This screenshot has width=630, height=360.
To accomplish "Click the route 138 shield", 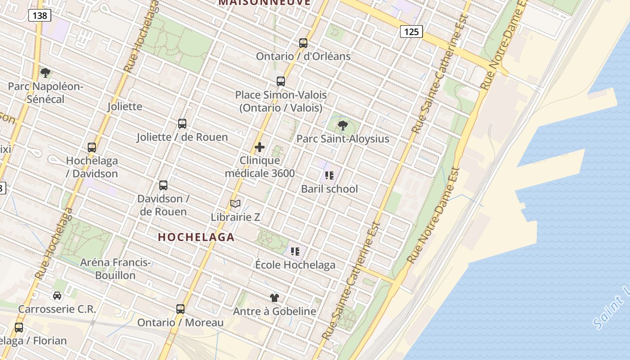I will click(40, 16).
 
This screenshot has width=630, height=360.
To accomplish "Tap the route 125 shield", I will click(411, 31).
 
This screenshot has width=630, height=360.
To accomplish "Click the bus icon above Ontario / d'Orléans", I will click(303, 43).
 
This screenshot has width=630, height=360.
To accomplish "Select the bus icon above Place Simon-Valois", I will click(281, 81).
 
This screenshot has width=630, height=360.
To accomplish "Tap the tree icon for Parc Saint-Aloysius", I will click(343, 126).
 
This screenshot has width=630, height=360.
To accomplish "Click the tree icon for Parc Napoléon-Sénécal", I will click(45, 73).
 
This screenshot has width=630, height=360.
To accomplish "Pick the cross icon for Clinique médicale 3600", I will click(260, 147).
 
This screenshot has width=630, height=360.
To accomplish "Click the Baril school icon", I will click(329, 175).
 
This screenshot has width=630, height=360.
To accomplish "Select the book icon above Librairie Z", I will click(235, 204).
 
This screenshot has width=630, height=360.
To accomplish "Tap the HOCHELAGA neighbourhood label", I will click(196, 237).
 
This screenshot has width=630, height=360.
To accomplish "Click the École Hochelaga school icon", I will click(295, 252).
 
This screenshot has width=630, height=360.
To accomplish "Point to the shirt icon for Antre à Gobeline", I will click(274, 298).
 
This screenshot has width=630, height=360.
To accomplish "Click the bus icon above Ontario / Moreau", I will click(180, 309).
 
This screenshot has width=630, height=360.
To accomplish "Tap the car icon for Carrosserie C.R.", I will click(57, 296).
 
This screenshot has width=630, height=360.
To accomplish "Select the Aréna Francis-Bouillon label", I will click(115, 269).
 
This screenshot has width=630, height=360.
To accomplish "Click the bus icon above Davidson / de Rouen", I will click(163, 185).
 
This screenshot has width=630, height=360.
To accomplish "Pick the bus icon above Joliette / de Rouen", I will click(182, 124).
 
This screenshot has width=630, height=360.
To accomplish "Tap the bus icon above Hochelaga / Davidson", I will click(92, 148).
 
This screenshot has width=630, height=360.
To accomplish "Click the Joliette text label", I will click(125, 107).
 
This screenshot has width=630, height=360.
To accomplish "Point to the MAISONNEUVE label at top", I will click(265, 2).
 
